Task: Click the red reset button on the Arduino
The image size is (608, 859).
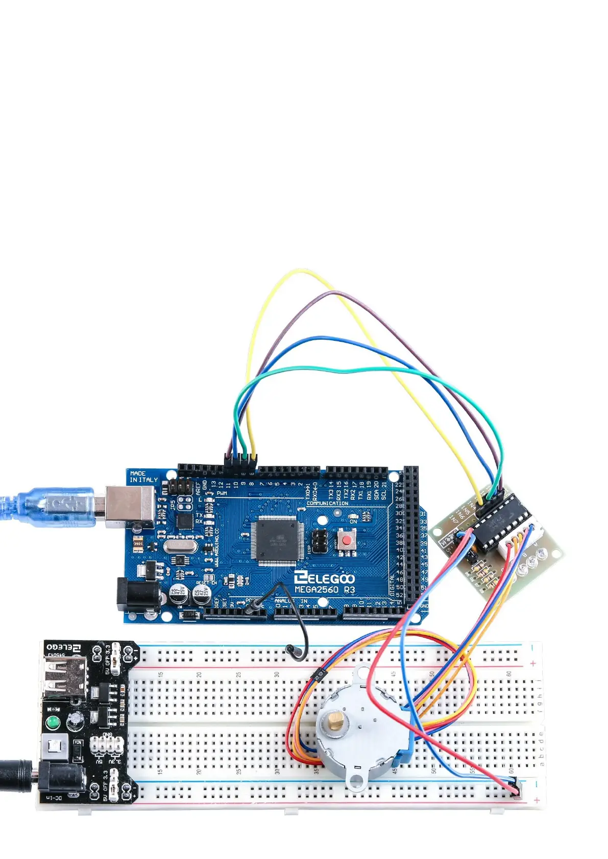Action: click(347, 539)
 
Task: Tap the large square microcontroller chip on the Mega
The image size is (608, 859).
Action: click(276, 540)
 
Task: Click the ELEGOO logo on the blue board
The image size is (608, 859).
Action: click(324, 577)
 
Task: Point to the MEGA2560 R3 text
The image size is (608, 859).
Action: click(325, 590)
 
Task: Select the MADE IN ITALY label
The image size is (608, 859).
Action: click(143, 476)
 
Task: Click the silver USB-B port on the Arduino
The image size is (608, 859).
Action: click(130, 507)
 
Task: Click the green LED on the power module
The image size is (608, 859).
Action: click(52, 722)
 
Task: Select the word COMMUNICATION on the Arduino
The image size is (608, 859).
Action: click(327, 503)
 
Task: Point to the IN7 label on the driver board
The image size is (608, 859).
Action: click(453, 518)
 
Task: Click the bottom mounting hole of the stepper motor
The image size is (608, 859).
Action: click(357, 779)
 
